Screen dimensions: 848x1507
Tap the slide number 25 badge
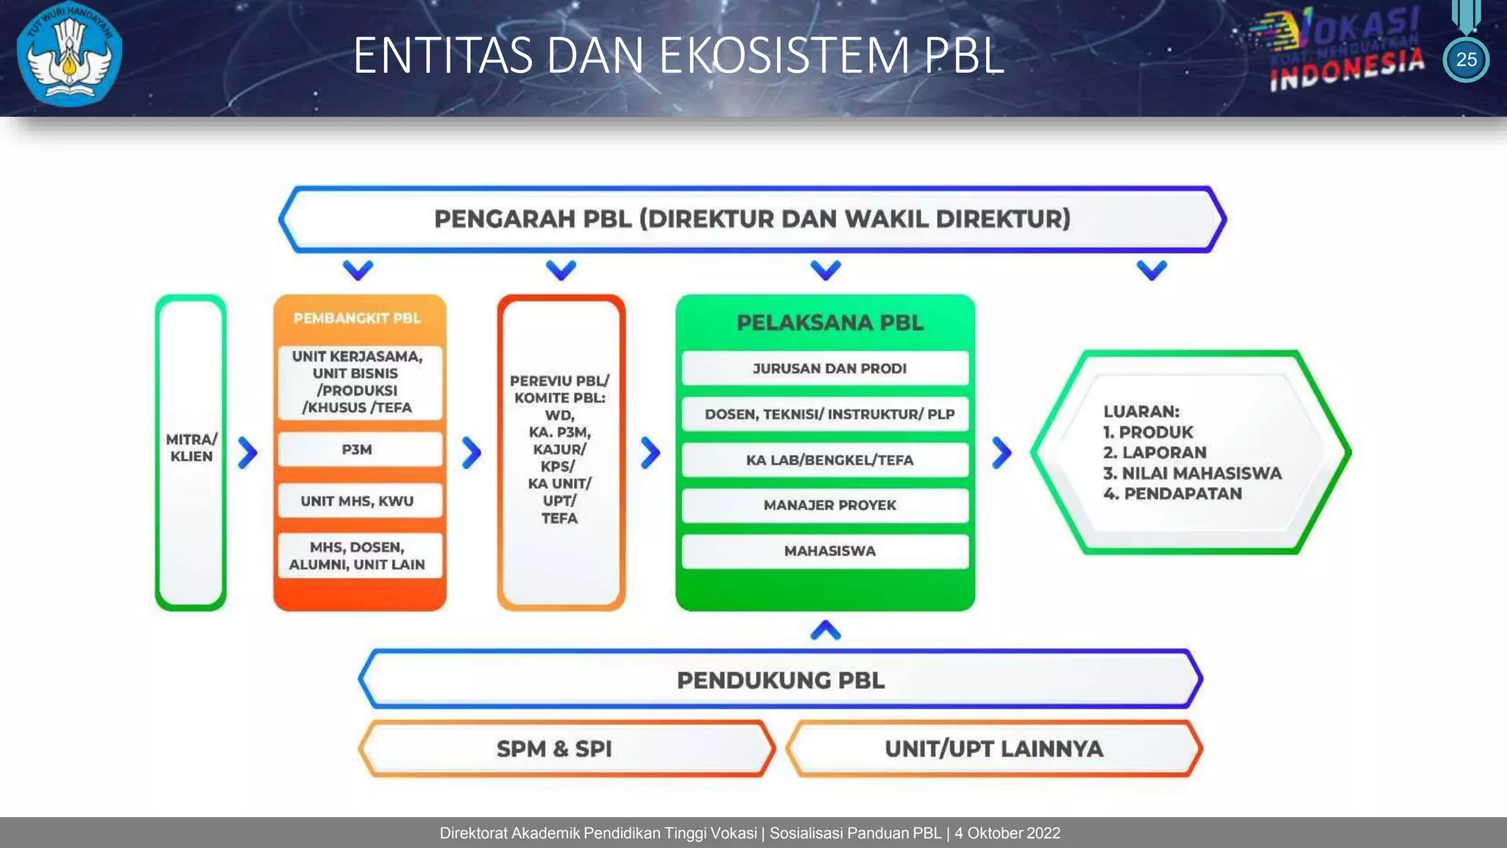[x=1466, y=60]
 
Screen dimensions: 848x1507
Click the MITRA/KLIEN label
[x=191, y=448]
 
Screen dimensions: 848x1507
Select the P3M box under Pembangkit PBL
[x=358, y=450]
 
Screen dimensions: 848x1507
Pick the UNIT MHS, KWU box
[x=358, y=501]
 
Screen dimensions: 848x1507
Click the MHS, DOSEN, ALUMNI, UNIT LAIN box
[x=358, y=556]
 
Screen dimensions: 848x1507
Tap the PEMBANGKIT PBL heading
[x=358, y=318]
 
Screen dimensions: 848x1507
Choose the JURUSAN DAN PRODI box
[x=829, y=369]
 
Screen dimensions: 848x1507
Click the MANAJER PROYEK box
[x=829, y=506]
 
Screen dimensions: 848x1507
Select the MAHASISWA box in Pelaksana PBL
[x=829, y=551]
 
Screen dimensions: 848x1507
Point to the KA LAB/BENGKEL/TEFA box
[x=829, y=460]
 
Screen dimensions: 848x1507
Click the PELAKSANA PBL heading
[x=829, y=322]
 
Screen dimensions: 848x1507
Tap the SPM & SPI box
[x=555, y=749]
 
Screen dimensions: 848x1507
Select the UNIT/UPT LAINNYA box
[x=993, y=749]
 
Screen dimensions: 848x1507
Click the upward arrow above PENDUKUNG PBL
[x=826, y=631]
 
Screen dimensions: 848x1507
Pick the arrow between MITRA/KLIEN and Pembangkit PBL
[x=248, y=453]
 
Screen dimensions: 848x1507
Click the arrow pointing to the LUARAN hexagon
[x=1001, y=453]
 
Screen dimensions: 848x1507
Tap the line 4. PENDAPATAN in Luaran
[x=1172, y=494]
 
